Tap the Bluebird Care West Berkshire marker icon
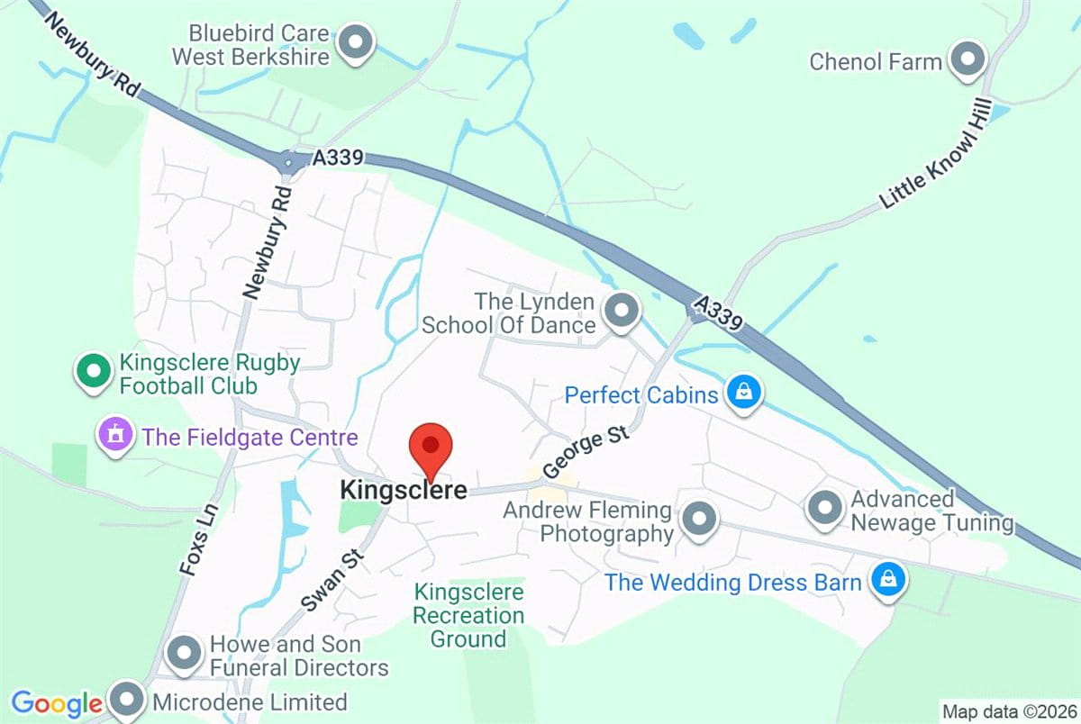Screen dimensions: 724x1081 point(357,43)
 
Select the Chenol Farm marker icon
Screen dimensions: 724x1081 point(968,61)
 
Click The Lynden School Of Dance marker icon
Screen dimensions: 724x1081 point(620,312)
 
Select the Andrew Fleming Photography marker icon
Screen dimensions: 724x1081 point(699,520)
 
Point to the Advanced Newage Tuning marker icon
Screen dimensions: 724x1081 point(824,509)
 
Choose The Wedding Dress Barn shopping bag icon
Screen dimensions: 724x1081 point(887,580)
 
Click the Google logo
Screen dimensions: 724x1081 point(56,703)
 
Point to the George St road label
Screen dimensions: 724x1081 point(584,454)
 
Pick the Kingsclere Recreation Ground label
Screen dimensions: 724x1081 point(468,616)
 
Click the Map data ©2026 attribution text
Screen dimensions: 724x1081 point(1008,710)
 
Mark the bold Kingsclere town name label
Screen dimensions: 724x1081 point(404,491)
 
